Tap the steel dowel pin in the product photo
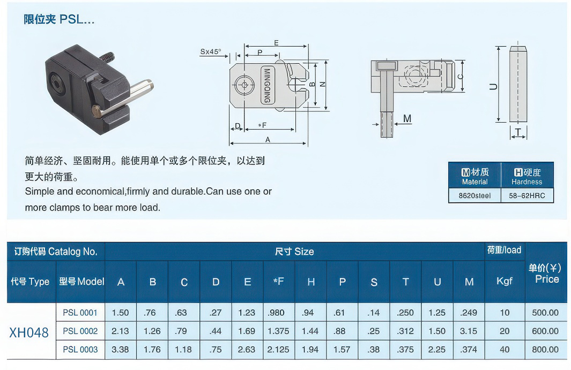pos(124,97)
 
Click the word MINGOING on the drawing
pos(266,86)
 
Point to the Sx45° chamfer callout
pos(211,52)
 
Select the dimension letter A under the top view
pos(268,139)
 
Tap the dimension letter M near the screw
pos(407,118)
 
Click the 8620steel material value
pos(474,195)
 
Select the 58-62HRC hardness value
pos(526,195)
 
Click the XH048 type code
pos(29,333)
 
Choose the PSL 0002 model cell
pos(80,331)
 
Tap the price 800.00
pos(545,350)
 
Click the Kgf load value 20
pos(505,331)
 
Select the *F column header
pos(278,281)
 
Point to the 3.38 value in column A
pos(120,350)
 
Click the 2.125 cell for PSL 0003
pos(278,350)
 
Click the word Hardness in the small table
pos(526,182)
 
